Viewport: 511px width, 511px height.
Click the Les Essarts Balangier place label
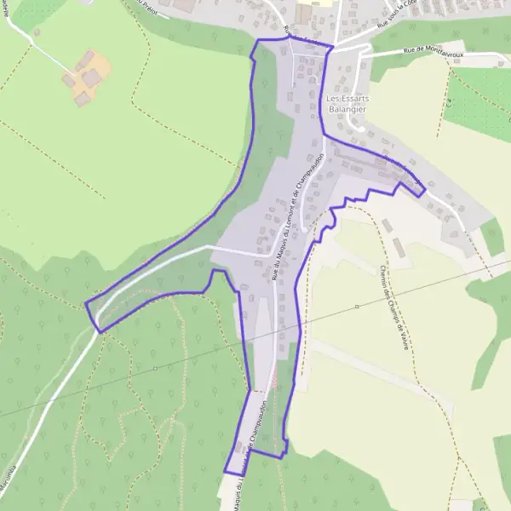click(x=347, y=105)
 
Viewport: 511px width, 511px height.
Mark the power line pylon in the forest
click(x=154, y=368)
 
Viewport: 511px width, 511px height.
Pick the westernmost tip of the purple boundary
click(x=86, y=302)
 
